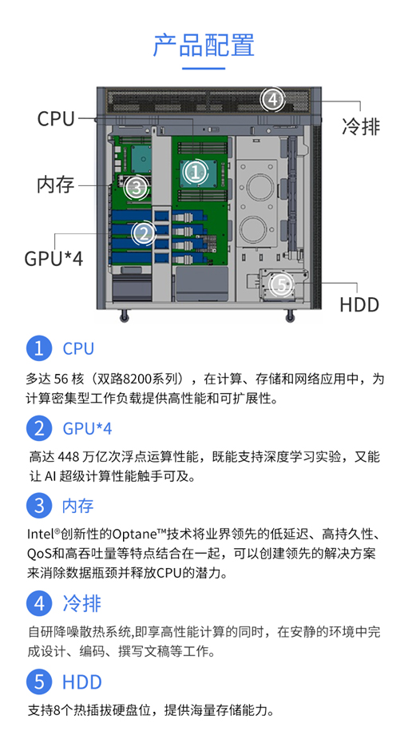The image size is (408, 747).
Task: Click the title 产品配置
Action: [x=204, y=45]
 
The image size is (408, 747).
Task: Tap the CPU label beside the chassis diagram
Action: [x=56, y=118]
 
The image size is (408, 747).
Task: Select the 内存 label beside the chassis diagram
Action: [x=56, y=185]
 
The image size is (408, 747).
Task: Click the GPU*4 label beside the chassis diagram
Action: [x=53, y=258]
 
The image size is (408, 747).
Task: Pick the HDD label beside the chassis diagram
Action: [x=359, y=305]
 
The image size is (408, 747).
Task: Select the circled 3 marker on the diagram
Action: [x=137, y=187]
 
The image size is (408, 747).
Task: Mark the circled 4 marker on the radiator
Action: [x=272, y=100]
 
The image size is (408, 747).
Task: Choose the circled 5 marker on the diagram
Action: [x=282, y=285]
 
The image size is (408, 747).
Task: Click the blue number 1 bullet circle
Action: [x=39, y=348]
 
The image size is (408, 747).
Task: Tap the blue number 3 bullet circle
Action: [x=39, y=505]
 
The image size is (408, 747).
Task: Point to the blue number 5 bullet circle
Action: [x=39, y=681]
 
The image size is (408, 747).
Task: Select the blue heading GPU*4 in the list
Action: [x=87, y=428]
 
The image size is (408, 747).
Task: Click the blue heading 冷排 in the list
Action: [x=82, y=603]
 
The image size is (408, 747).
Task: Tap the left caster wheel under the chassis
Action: [x=125, y=316]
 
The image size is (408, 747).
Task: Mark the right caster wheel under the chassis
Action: [x=290, y=316]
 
